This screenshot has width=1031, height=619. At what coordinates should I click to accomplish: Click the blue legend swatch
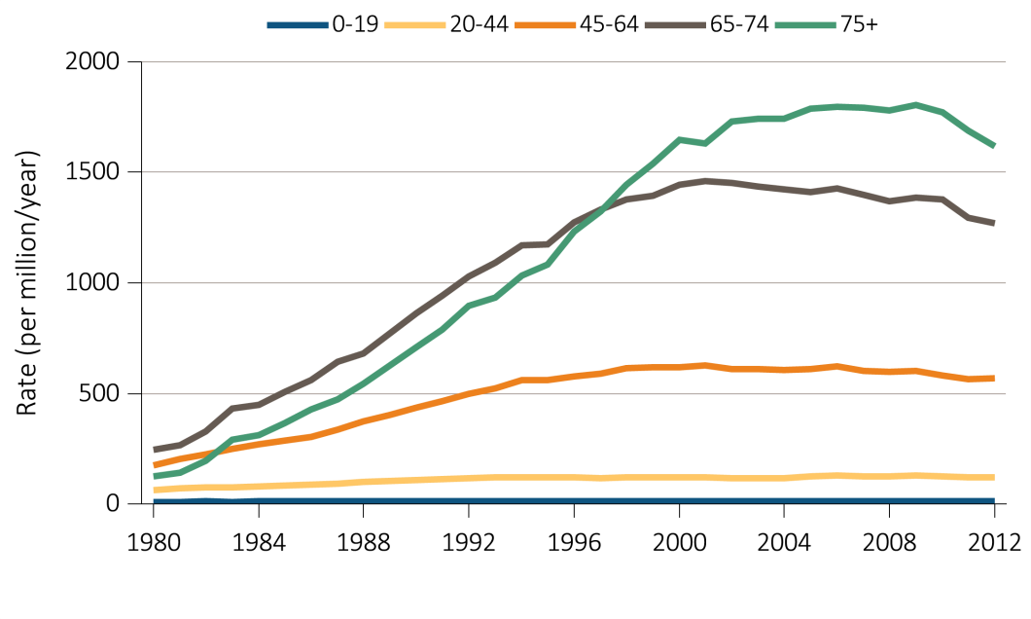pos(298,25)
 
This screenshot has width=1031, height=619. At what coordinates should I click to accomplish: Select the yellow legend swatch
pos(415,25)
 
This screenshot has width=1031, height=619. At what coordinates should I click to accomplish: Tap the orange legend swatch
pos(546,25)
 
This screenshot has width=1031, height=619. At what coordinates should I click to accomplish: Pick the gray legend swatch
pos(675,25)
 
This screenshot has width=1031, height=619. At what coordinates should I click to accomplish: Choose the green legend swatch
pos(805,25)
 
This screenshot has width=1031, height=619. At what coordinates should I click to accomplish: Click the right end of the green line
pos(994,146)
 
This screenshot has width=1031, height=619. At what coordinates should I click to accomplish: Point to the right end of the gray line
pos(994,223)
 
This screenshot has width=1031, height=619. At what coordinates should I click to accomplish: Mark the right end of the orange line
pos(994,378)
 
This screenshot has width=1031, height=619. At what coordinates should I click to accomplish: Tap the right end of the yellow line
pos(994,477)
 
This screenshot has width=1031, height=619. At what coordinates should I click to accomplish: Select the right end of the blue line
pos(994,500)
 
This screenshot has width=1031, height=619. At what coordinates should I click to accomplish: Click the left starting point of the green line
pos(155,476)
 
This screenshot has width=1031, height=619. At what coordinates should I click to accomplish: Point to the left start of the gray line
pos(155,450)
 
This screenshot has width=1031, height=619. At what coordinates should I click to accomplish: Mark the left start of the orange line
pos(155,465)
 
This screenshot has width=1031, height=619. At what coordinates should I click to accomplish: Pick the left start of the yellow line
pos(155,491)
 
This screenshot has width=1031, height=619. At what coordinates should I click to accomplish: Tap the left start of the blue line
pos(155,500)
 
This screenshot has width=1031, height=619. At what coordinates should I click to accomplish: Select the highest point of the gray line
pos(706,180)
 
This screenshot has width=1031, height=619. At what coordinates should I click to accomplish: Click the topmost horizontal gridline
pos(574,62)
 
